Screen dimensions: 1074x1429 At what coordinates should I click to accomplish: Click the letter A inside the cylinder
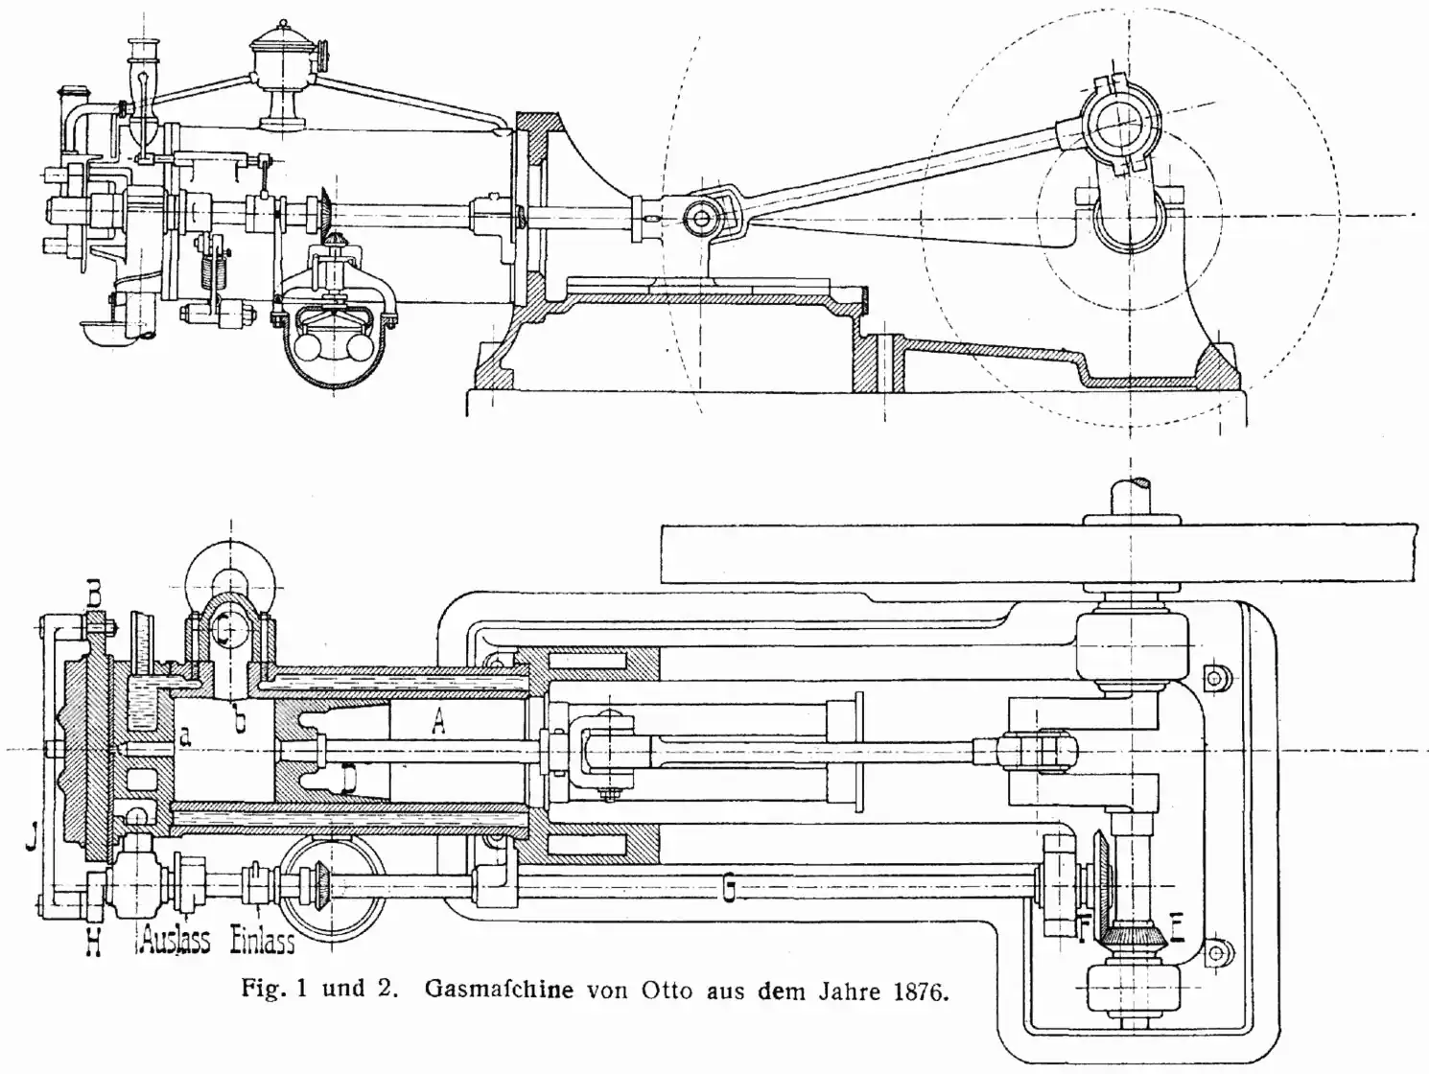click(x=438, y=721)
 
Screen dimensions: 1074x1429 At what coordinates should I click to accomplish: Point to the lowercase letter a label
click(x=186, y=735)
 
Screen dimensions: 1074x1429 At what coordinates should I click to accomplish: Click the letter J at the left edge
click(x=33, y=839)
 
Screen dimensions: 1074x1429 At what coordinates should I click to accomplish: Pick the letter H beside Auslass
click(x=93, y=943)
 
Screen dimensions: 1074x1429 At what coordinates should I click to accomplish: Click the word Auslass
click(x=175, y=939)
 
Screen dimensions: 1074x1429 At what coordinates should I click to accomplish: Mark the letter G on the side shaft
click(x=730, y=891)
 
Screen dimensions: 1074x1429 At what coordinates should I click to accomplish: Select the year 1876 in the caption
click(x=919, y=991)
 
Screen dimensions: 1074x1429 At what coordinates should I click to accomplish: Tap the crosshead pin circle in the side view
click(x=702, y=220)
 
